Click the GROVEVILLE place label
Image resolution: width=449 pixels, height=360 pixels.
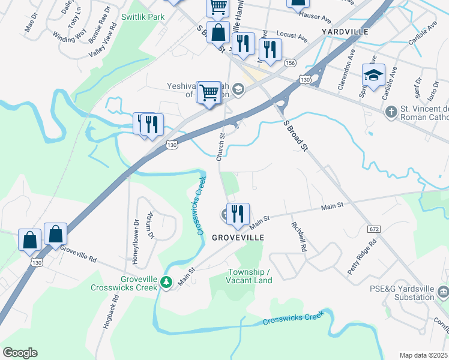(238, 238)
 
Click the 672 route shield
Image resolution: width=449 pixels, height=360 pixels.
(375, 229)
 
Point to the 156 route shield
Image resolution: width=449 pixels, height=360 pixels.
(291, 63)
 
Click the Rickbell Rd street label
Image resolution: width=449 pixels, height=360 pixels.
(298, 236)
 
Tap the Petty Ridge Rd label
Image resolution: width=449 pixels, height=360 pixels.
(362, 257)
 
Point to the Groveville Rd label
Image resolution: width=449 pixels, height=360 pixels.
(78, 254)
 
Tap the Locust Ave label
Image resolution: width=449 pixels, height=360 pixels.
(292, 37)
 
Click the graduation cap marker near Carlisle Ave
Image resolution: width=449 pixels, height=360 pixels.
(373, 76)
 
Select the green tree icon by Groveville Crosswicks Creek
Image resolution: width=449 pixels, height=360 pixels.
(167, 281)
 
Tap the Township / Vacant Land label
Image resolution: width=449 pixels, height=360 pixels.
(250, 276)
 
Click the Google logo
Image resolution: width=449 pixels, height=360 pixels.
(20, 353)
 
